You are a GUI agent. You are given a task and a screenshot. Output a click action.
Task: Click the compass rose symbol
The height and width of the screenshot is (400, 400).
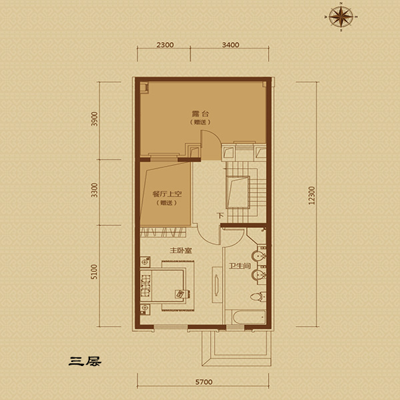341,17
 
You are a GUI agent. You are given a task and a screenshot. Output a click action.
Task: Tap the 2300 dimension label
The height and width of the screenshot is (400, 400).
165,45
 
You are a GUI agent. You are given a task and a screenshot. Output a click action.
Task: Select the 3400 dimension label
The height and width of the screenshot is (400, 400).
231,45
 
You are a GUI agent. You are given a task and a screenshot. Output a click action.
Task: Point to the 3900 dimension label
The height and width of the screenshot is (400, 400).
95,119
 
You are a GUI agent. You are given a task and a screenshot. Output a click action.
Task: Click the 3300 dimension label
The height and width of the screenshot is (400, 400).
95,190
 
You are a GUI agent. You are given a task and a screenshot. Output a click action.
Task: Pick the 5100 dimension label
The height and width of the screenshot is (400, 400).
95,272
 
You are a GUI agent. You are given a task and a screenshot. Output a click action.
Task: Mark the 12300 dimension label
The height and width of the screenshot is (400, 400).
312,195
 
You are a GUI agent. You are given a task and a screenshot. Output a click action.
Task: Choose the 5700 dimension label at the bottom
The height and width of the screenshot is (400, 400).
204,382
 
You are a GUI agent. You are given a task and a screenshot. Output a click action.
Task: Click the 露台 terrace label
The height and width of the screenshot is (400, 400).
200,114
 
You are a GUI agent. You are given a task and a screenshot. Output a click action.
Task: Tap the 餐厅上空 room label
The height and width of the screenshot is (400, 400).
167,194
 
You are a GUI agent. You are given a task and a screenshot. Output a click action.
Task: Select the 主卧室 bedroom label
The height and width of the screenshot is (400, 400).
181,251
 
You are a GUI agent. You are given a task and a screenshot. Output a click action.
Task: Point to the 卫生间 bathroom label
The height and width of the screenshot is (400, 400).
239,266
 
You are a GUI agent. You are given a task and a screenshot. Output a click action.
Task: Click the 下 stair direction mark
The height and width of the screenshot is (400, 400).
220,216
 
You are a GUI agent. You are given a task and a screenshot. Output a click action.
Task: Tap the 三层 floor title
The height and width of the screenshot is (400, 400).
85,361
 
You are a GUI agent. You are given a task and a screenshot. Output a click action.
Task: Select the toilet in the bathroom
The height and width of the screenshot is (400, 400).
258,296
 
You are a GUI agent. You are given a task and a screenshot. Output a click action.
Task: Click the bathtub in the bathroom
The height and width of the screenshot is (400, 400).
249,317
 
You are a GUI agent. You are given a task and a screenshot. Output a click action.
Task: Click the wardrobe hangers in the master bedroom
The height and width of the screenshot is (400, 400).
163,232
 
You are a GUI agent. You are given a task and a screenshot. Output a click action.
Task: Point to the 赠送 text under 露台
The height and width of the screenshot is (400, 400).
200,123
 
